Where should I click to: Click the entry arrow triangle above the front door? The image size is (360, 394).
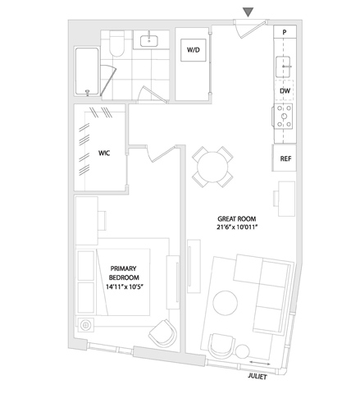point(248,12)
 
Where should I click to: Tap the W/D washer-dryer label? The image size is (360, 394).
point(194,50)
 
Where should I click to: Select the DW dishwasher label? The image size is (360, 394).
point(285,91)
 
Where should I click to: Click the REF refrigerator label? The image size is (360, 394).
point(285,158)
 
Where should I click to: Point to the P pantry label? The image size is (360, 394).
point(285,32)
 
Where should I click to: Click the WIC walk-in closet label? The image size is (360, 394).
point(104,153)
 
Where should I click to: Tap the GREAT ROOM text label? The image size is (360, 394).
point(237,219)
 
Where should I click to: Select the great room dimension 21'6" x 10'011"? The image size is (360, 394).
point(237,227)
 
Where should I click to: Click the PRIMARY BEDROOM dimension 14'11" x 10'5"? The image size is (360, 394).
point(125,286)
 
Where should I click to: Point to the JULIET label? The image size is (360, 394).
point(257,377)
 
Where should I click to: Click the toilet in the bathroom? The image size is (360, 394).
point(116,44)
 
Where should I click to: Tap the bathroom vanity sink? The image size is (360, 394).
point(149,41)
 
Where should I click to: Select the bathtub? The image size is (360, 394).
point(87,71)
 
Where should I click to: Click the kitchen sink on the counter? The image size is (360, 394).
point(283,66)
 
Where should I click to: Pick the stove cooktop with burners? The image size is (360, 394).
point(284,117)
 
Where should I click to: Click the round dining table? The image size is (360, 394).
point(212,167)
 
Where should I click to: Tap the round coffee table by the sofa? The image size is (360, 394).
point(226,303)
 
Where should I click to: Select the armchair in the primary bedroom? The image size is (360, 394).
point(163,333)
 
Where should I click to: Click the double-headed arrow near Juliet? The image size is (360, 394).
point(260,363)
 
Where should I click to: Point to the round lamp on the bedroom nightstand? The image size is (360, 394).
point(86,325)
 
